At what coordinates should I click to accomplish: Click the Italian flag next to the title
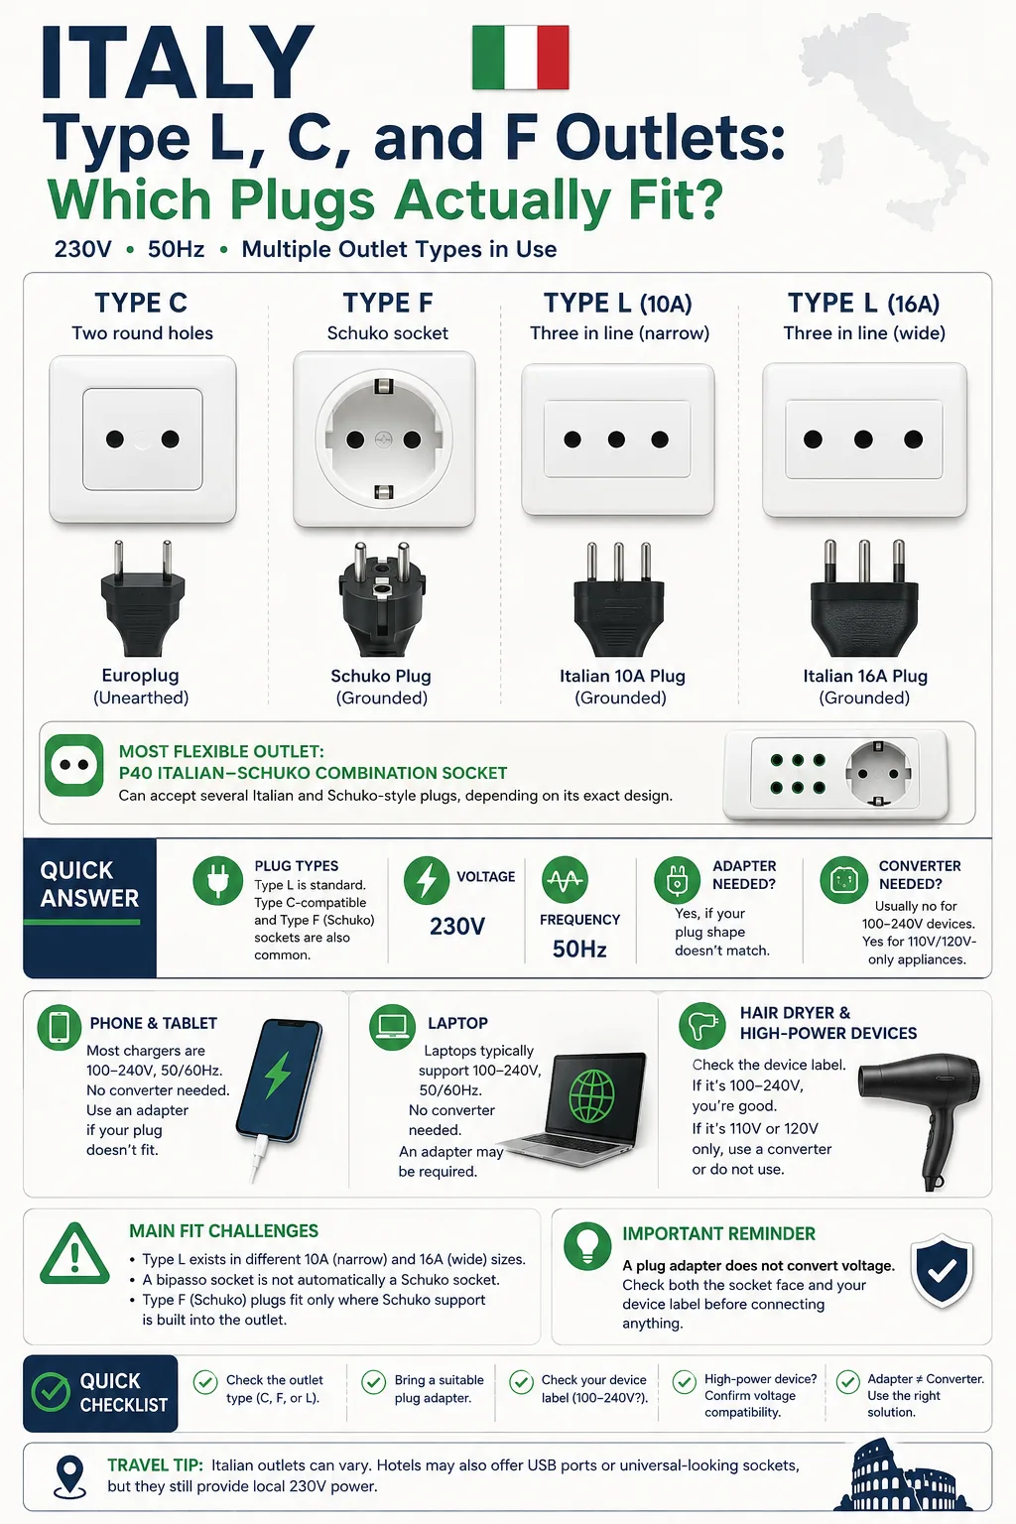(x=521, y=58)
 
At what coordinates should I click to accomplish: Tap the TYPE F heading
(x=387, y=303)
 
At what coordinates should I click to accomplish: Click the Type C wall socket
(x=143, y=439)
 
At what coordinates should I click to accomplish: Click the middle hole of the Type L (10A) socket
(x=616, y=440)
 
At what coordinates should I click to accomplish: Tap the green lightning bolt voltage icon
(x=427, y=880)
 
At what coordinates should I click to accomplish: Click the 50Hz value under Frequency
(x=579, y=950)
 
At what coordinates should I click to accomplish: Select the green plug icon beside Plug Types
(x=217, y=880)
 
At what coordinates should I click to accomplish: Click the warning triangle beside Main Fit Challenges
(x=74, y=1254)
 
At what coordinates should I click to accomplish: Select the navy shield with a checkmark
(x=942, y=1270)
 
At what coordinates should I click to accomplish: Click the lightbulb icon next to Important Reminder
(x=587, y=1246)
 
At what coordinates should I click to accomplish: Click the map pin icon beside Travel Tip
(x=70, y=1476)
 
